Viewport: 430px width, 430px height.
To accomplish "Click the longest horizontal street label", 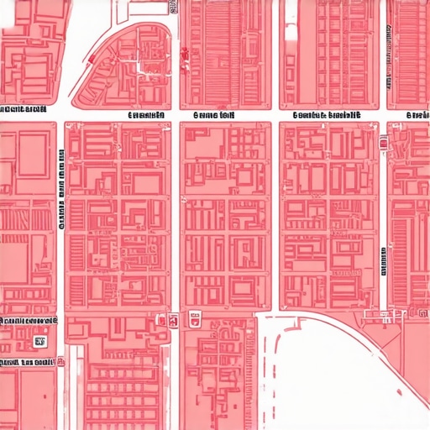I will pos(327,116).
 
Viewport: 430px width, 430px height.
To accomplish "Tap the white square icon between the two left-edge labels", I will pos(39,342).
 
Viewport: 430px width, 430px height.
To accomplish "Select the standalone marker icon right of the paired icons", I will pos(195,318).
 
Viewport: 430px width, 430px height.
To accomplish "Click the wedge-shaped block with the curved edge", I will pos(126,67).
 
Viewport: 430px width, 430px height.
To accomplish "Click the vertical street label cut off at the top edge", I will pos(172,7).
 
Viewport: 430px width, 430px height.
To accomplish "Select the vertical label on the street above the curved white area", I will pos(384,260).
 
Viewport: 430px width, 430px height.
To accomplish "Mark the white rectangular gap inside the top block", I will pos(291,34).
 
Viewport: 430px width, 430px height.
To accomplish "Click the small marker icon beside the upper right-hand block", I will pos(383,143).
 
